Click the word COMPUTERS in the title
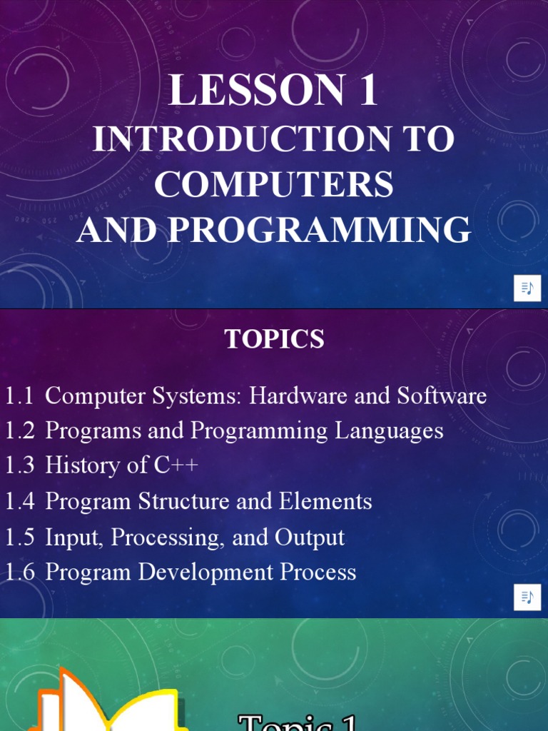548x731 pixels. tap(274, 185)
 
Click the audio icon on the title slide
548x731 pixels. tap(527, 288)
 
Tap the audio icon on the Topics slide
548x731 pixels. tap(527, 598)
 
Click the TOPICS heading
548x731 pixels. tap(275, 340)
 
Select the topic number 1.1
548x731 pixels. tap(19, 396)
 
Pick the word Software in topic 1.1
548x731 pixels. tap(442, 396)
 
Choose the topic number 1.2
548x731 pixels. tap(19, 431)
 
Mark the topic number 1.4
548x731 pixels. tap(19, 502)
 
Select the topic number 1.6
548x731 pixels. tap(19, 573)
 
